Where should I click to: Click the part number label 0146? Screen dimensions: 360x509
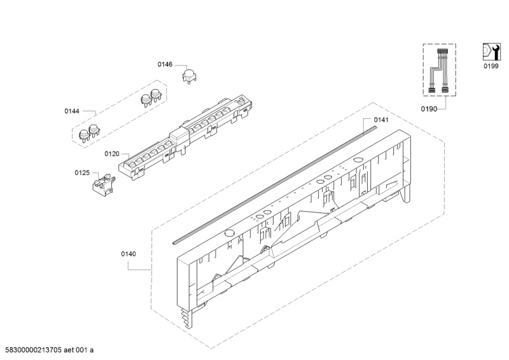[x=165, y=64]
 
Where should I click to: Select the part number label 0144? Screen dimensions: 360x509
[x=71, y=111]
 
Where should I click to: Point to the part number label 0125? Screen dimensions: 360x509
[x=81, y=172]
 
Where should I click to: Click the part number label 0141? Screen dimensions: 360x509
[x=381, y=119]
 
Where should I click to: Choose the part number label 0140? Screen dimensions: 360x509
[x=129, y=254]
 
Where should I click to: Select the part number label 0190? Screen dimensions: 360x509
[x=429, y=109]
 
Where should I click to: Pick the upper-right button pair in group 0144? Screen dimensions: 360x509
[x=151, y=97]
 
